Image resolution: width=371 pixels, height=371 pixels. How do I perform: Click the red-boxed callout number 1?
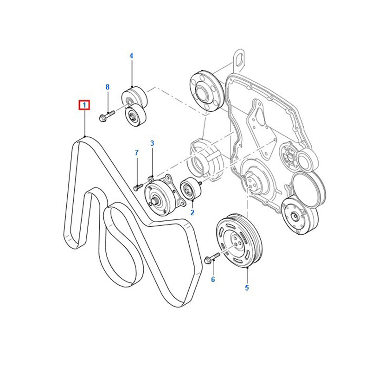tap(84, 105)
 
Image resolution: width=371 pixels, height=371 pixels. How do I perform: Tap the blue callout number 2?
tap(192, 212)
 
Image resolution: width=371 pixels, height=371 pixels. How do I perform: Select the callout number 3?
tap(152, 143)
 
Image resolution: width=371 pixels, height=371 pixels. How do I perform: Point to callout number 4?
tap(131, 56)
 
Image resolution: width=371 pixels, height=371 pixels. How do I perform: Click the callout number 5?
tap(247, 288)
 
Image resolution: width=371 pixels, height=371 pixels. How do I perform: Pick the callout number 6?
tap(213, 280)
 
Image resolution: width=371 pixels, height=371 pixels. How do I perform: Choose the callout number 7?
tap(136, 153)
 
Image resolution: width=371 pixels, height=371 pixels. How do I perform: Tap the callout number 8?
tap(108, 87)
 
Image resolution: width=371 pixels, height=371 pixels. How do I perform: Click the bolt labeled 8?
tap(107, 115)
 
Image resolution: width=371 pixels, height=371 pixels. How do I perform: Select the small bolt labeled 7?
tap(138, 187)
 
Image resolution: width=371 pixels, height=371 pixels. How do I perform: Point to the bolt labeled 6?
tap(212, 257)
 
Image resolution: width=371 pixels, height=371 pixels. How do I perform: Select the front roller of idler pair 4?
tap(135, 115)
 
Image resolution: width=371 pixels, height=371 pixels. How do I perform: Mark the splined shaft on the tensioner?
tap(155, 202)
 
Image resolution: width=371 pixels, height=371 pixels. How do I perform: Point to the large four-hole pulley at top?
tap(207, 91)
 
